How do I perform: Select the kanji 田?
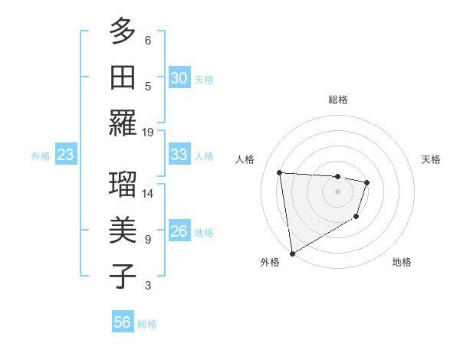tap(123, 77)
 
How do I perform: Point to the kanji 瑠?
tap(123, 184)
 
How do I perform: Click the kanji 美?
tap(123, 230)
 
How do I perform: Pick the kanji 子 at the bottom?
tap(123, 276)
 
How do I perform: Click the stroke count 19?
tap(148, 132)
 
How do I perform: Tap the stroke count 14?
tap(148, 193)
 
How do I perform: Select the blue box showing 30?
tap(179, 78)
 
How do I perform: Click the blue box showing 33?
tap(179, 155)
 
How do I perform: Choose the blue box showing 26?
tap(179, 231)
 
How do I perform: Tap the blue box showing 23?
tap(65, 155)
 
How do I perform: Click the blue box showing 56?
tap(122, 322)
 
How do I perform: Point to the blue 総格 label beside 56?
tap(147, 324)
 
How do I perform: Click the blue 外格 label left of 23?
tap(41, 156)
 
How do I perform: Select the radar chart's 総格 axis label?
tap(337, 100)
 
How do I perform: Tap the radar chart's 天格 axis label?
tap(432, 159)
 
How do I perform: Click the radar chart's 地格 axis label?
tap(402, 262)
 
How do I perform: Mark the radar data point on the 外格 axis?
tap(292, 253)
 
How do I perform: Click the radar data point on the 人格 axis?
tap(279, 172)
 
